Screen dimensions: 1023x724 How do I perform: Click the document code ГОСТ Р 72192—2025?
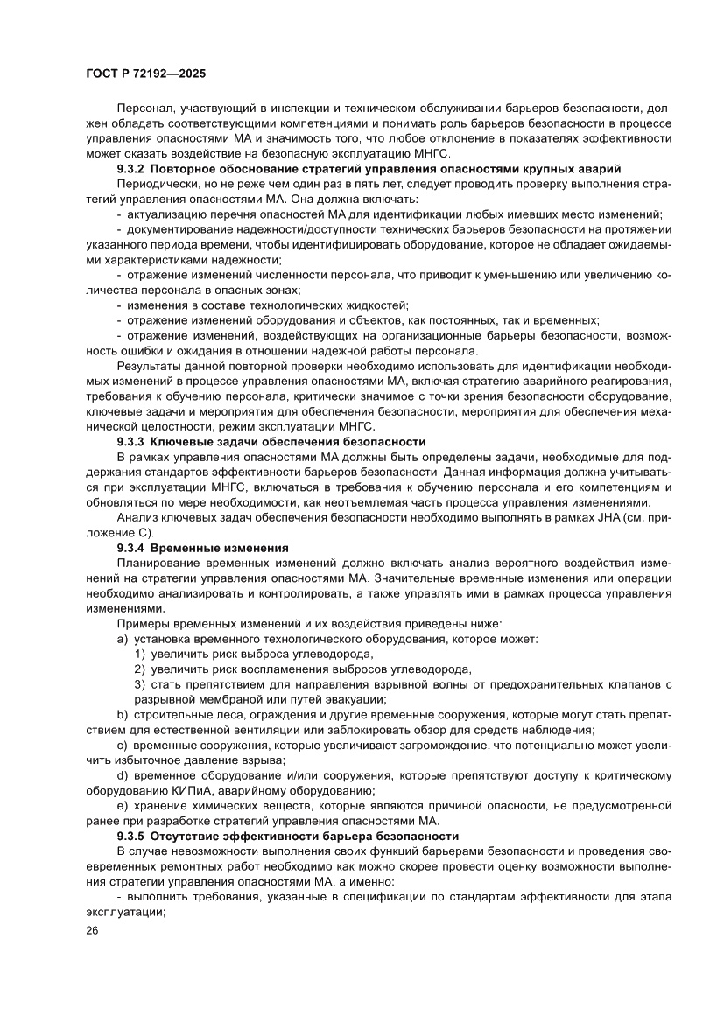(x=146, y=75)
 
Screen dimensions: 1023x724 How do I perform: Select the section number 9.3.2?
(x=133, y=167)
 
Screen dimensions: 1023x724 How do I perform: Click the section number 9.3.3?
(x=133, y=442)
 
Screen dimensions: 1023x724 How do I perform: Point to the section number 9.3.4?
(x=133, y=547)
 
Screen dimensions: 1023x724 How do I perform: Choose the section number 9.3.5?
(x=133, y=836)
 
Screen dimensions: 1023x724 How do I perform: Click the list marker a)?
(x=123, y=639)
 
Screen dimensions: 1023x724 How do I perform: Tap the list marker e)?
(x=123, y=806)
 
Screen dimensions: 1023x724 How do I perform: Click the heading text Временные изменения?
(x=225, y=547)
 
